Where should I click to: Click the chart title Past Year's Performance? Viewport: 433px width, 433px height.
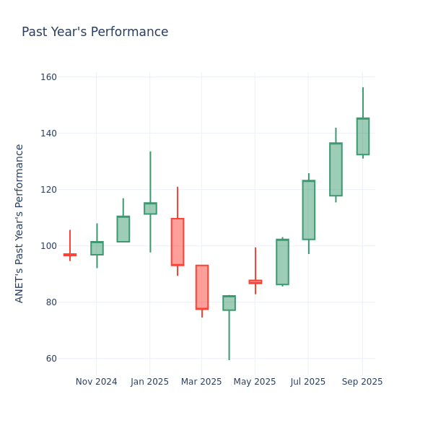pyautogui.click(x=95, y=32)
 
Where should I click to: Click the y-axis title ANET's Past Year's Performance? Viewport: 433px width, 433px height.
pyautogui.click(x=19, y=223)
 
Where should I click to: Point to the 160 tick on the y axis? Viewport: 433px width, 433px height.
pyautogui.click(x=48, y=77)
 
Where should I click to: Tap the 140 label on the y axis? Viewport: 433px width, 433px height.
pyautogui.click(x=48, y=134)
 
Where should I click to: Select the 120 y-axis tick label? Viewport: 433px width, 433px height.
pyautogui.click(x=48, y=190)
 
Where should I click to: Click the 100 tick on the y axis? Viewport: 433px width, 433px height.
pyautogui.click(x=48, y=246)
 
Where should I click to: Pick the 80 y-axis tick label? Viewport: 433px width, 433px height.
pyautogui.click(x=50, y=302)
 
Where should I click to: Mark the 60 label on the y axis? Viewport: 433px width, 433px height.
pyautogui.click(x=50, y=359)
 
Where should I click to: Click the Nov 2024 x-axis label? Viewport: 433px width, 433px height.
pyautogui.click(x=96, y=382)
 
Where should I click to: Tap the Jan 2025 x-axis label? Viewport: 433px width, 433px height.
pyautogui.click(x=149, y=382)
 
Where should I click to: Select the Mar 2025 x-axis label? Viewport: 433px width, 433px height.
pyautogui.click(x=201, y=382)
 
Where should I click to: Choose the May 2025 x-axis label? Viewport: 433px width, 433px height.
pyautogui.click(x=255, y=382)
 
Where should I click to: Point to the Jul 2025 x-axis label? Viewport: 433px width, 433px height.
pyautogui.click(x=308, y=382)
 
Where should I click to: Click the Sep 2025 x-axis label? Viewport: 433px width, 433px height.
pyautogui.click(x=362, y=382)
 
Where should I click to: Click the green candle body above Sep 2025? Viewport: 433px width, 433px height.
pyautogui.click(x=362, y=136)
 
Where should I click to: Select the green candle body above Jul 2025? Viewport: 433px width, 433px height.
pyautogui.click(x=308, y=210)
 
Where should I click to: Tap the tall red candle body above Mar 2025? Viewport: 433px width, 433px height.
pyautogui.click(x=201, y=287)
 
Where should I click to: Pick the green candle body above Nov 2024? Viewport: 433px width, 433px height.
pyautogui.click(x=97, y=248)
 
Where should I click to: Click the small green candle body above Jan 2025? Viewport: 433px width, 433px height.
pyautogui.click(x=150, y=209)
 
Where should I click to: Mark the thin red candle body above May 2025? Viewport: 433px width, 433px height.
pyautogui.click(x=255, y=281)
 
